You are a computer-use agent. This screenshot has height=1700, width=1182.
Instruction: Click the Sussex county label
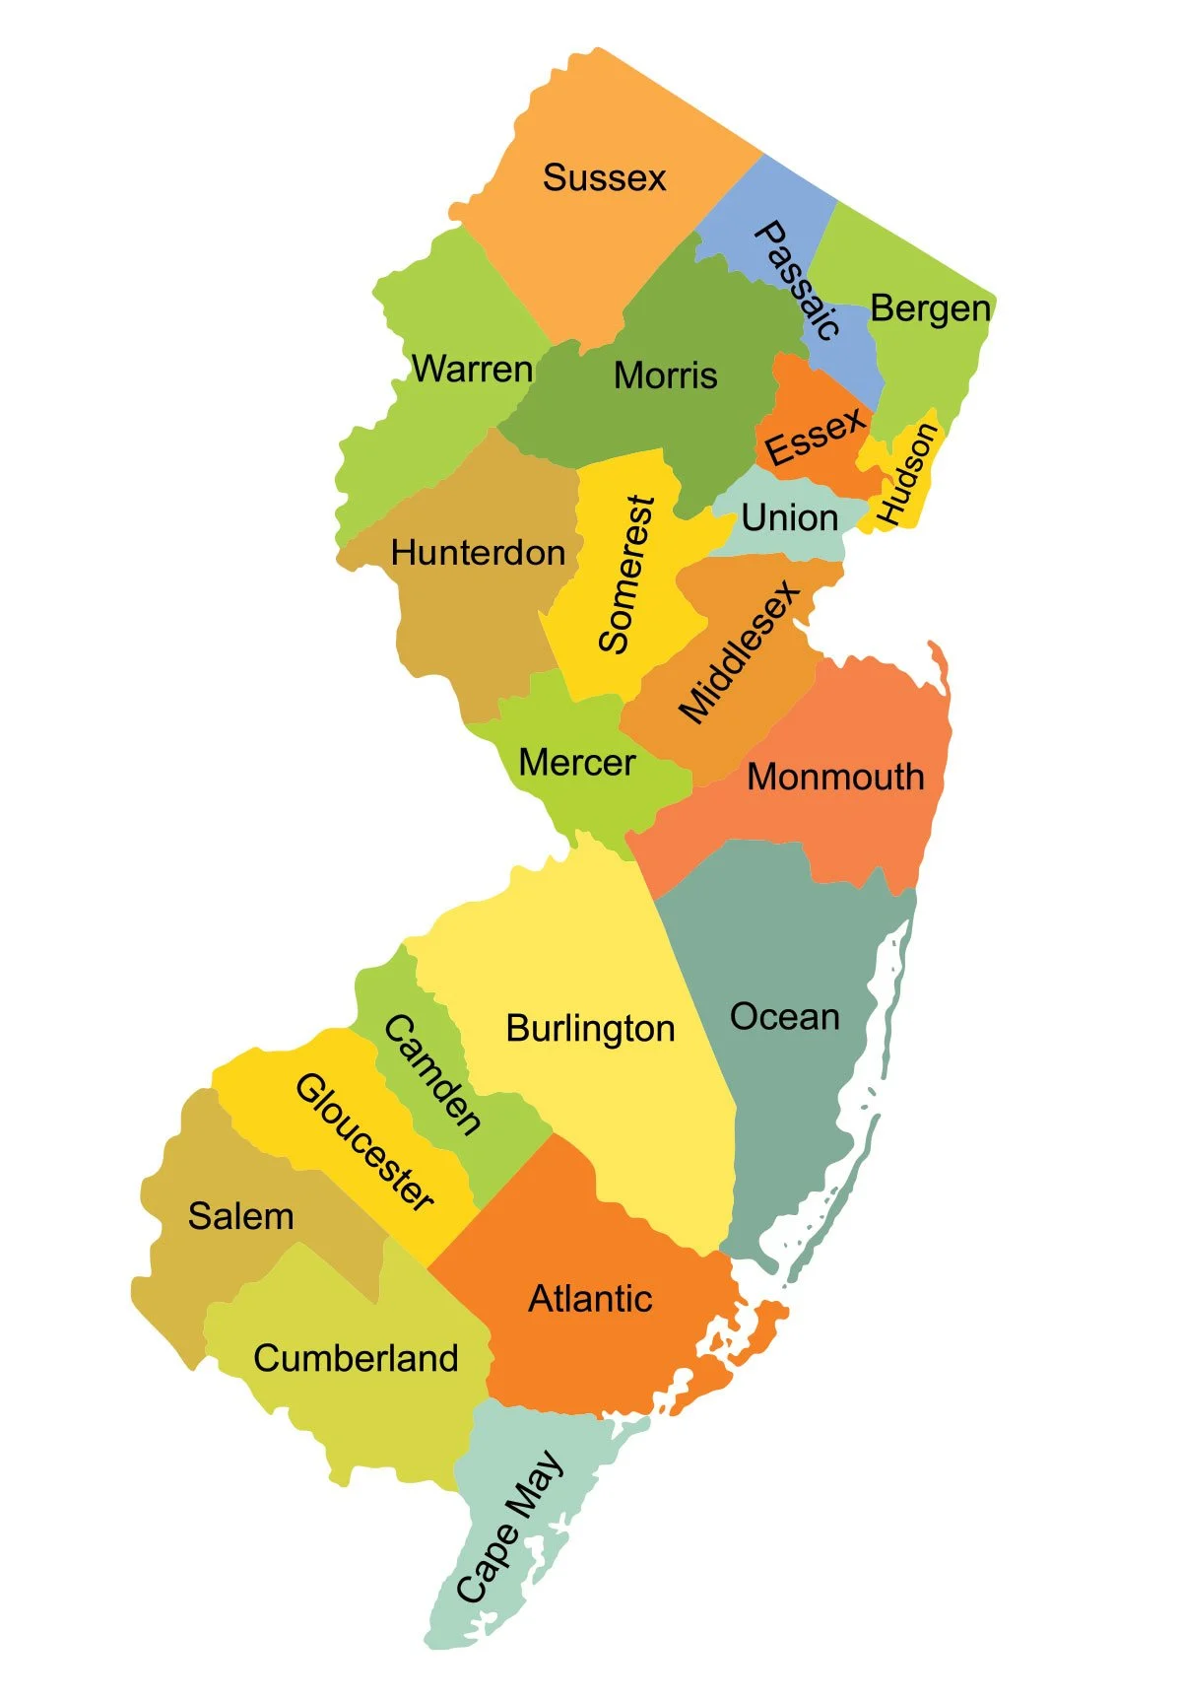point(604,178)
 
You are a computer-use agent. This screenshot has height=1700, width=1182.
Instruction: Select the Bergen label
point(930,309)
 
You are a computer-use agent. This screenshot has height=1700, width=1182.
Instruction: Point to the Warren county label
point(472,370)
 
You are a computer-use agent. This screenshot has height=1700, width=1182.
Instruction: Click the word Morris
point(666,375)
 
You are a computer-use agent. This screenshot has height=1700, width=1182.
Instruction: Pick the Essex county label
point(816,436)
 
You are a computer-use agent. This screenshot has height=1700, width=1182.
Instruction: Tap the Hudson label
point(905,474)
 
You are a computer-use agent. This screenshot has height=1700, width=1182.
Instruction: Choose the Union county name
point(789,517)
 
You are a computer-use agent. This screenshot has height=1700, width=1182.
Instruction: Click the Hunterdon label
point(478,553)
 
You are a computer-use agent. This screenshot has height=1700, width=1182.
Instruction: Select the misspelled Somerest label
point(626,575)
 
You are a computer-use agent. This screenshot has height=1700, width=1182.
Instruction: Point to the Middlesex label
point(739,653)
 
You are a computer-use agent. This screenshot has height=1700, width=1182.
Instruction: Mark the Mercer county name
point(576,763)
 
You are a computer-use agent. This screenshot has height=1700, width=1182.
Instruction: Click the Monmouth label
point(835,777)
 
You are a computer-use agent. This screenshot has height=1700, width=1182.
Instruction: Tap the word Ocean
point(784,1017)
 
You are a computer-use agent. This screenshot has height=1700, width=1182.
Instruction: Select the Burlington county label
point(590,1029)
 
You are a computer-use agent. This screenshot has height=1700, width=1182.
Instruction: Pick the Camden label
point(433,1074)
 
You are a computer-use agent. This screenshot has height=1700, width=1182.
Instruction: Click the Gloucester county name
point(365,1142)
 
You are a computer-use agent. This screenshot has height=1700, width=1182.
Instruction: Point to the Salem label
point(240,1216)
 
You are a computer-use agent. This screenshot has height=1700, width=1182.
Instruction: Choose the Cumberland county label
point(356,1359)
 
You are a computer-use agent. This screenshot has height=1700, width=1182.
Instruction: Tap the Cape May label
point(509,1527)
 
